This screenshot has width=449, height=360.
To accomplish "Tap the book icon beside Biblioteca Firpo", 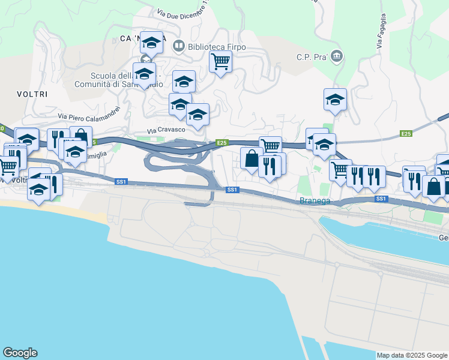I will [178, 46].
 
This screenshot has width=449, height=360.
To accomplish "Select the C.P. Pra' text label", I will [310, 57].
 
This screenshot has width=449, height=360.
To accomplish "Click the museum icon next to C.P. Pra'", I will [336, 57].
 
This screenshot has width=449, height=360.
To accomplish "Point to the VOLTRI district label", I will [32, 94].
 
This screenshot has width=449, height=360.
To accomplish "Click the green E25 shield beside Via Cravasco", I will [222, 142].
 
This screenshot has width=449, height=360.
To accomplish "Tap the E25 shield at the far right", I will [406, 133].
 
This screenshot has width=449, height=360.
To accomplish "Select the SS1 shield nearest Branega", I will [381, 198].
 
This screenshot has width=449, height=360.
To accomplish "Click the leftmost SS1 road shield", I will [121, 181].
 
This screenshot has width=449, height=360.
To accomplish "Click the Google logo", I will [20, 353].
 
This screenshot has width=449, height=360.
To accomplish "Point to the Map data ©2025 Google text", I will [412, 355].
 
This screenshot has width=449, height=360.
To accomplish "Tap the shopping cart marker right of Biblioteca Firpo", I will [221, 61].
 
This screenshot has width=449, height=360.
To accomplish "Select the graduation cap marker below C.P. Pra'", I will [335, 100].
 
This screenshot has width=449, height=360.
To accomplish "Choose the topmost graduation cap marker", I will [151, 42].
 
